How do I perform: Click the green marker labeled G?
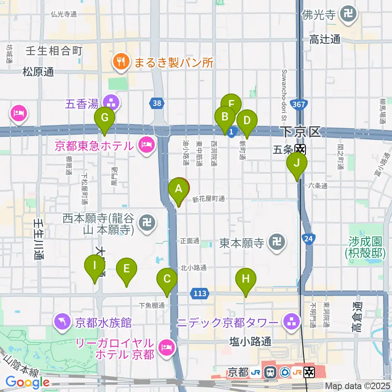tap(105, 119)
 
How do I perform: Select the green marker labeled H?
tap(245, 280)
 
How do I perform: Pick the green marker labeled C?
tap(167, 280)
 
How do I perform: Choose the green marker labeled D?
tap(247, 121)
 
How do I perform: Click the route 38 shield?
tap(157, 103)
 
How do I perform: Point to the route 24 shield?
tap(309, 238)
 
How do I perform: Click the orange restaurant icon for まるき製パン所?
tap(121, 62)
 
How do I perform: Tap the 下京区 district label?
tap(301, 132)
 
